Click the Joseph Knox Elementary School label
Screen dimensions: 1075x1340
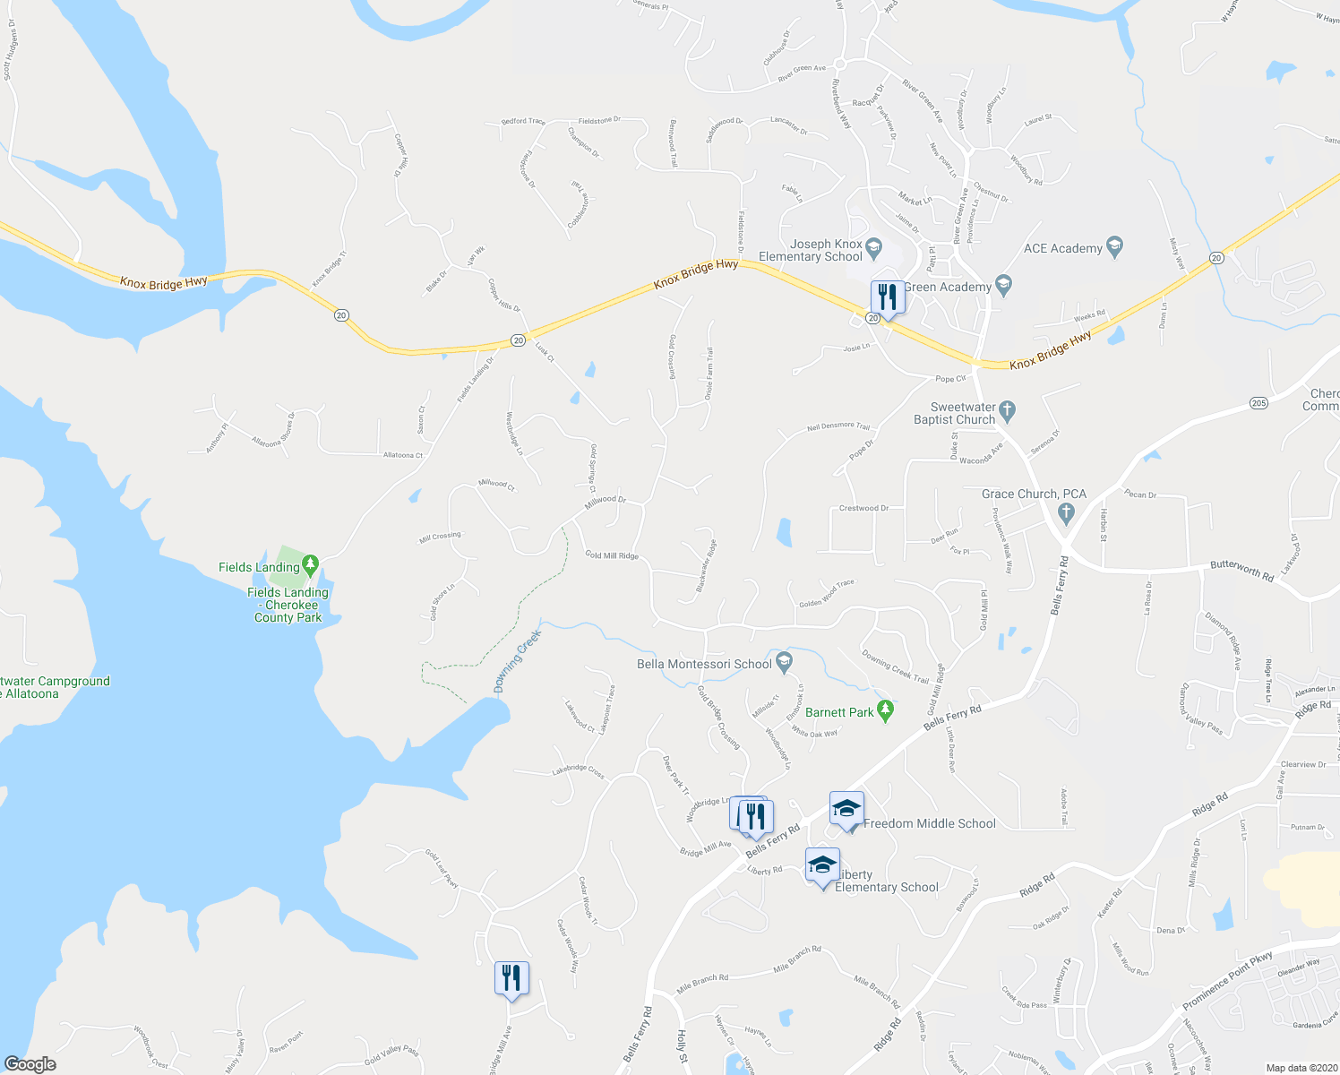coord(811,250)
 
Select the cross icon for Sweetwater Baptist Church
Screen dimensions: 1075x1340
coord(1007,411)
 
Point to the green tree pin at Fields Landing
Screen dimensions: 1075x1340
coord(310,564)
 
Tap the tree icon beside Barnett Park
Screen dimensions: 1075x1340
coord(886,710)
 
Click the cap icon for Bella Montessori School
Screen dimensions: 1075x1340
coord(785,662)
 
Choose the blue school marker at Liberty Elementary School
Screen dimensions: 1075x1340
coord(822,866)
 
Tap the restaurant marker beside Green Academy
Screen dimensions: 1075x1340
coord(887,297)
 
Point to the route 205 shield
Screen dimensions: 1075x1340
coord(1258,403)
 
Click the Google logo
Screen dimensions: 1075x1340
coord(30,1064)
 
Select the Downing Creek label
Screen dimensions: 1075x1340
coord(518,662)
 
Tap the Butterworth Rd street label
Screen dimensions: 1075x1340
coord(1241,569)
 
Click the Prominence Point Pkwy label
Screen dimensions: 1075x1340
coord(1227,979)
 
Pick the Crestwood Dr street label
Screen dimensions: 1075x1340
coord(863,508)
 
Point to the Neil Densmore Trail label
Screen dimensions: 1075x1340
coord(838,427)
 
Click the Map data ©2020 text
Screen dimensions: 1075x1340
coord(1300,1068)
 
